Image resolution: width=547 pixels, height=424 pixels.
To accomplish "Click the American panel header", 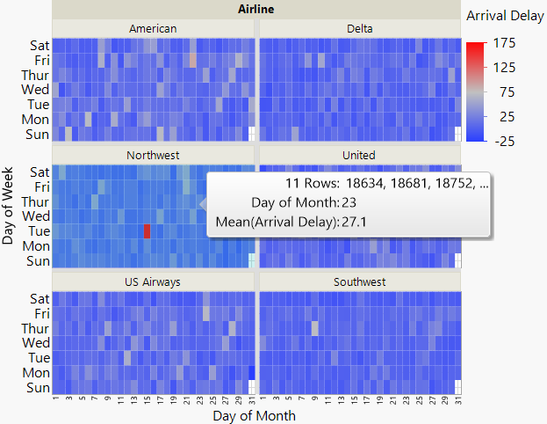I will (x=153, y=28).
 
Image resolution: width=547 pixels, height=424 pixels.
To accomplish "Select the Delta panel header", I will (x=359, y=28).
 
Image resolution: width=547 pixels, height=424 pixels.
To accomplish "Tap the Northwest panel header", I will (x=153, y=156).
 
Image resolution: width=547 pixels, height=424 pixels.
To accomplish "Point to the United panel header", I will (x=359, y=156).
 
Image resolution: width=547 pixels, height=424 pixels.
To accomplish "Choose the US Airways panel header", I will (x=153, y=282).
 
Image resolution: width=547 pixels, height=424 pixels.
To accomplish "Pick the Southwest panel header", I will (x=359, y=282).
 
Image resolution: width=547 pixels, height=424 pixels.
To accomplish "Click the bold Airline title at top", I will (x=256, y=10).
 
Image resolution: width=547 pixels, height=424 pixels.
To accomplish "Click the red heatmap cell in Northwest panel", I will (x=147, y=230).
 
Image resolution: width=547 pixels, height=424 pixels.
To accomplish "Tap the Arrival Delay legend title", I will (x=505, y=16).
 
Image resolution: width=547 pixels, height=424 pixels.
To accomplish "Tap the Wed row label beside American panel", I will (x=35, y=89).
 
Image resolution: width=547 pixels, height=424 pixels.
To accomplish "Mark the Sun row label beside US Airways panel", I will (x=36, y=388).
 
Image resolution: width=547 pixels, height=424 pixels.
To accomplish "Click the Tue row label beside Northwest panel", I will (x=37, y=230).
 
